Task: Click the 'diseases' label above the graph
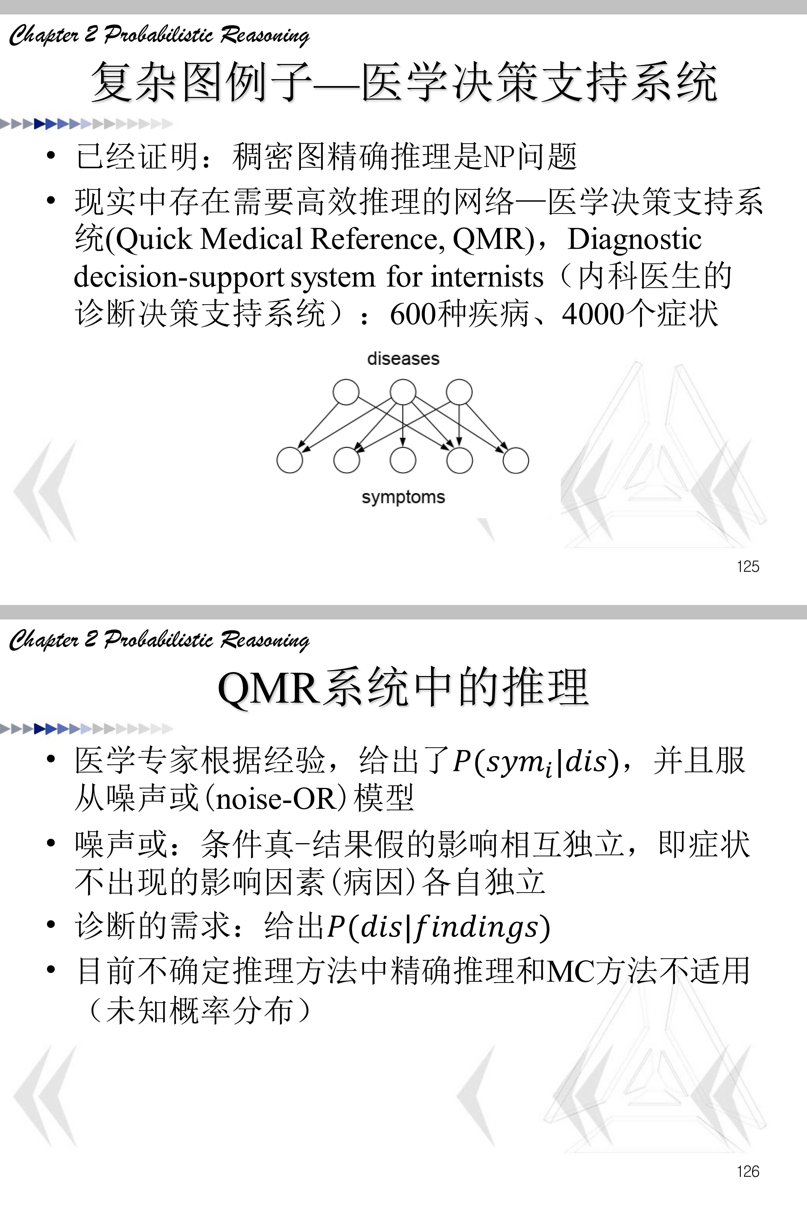point(403,359)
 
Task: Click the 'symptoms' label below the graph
point(403,497)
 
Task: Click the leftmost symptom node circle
point(290,460)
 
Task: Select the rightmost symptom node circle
point(516,460)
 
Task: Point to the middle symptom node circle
point(403,460)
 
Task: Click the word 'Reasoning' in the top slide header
point(265,35)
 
